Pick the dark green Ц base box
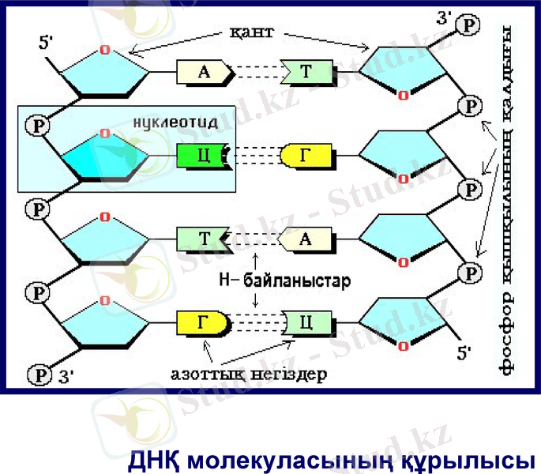point(201,154)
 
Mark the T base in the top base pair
point(304,73)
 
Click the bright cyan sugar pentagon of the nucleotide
point(103,155)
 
